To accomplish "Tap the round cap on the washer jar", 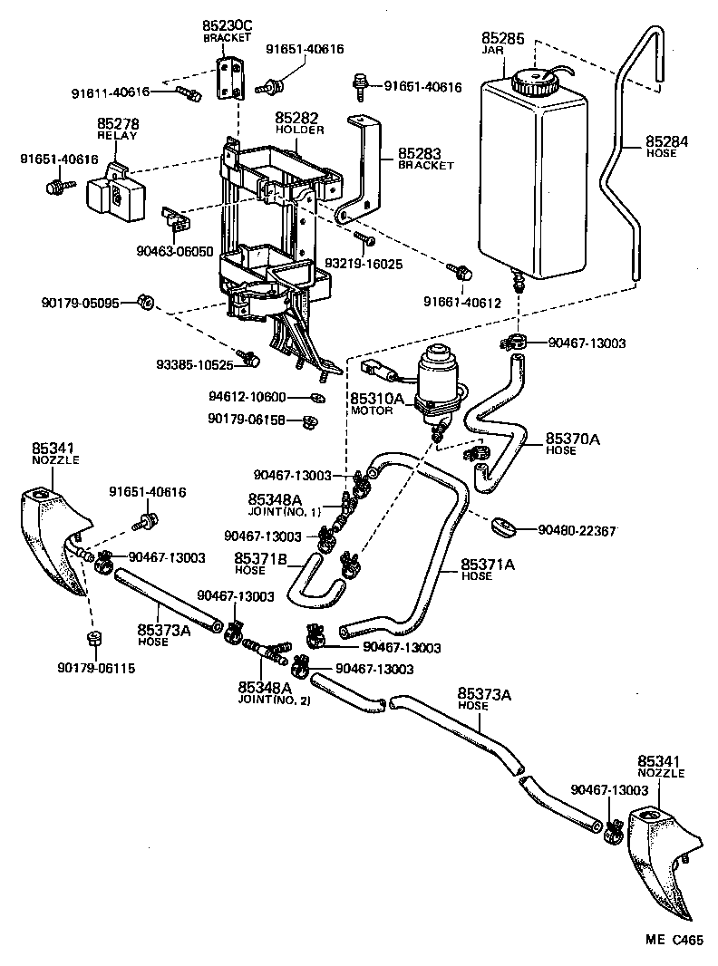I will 529,82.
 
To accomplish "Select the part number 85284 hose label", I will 667,141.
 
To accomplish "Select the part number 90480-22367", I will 577,530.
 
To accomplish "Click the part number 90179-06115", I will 93,669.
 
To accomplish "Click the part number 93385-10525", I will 195,365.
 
